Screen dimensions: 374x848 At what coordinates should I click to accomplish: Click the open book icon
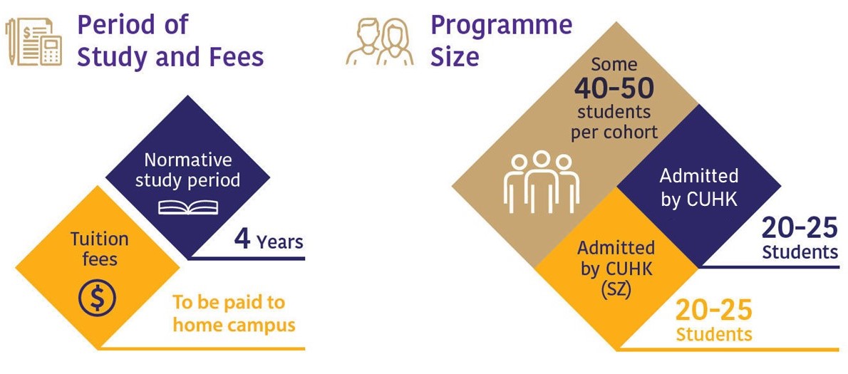click(x=189, y=207)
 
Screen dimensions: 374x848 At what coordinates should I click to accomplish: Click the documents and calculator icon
click(x=33, y=42)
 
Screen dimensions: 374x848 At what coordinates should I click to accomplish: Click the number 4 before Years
click(x=242, y=241)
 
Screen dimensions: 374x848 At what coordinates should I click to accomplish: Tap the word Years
click(x=280, y=242)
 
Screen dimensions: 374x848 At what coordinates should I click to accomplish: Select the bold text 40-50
click(x=614, y=88)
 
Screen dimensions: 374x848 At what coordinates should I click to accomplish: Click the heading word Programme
click(x=501, y=25)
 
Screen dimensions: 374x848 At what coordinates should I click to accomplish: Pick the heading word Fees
click(x=237, y=57)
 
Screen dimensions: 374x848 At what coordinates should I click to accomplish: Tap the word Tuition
click(x=100, y=239)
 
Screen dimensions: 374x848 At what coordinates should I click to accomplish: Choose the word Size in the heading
click(x=454, y=57)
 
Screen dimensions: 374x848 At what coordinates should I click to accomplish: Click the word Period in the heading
click(x=115, y=25)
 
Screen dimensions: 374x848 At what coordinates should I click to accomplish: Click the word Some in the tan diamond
click(x=614, y=65)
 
